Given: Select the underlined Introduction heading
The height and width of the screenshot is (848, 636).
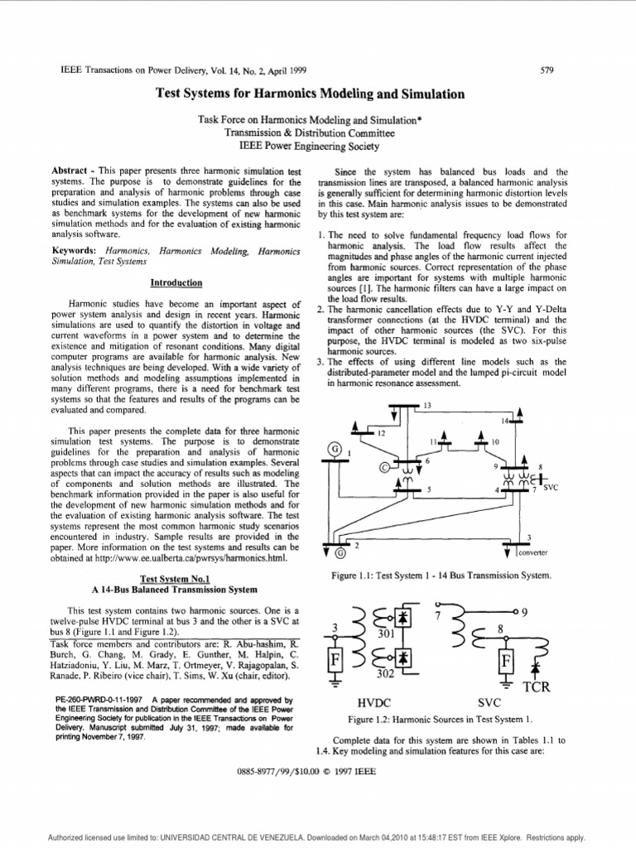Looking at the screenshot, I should click(x=176, y=282).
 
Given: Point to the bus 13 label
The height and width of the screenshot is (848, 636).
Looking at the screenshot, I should click(x=427, y=406).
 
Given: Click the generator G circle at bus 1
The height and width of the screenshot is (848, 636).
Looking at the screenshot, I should click(x=335, y=449).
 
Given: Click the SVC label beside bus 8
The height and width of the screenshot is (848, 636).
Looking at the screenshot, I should click(x=551, y=489).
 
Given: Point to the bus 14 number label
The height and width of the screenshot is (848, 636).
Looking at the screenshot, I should click(x=503, y=422).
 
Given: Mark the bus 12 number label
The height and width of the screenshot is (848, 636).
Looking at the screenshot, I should click(x=381, y=433).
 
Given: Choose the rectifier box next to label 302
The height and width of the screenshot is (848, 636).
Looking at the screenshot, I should click(x=403, y=657).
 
